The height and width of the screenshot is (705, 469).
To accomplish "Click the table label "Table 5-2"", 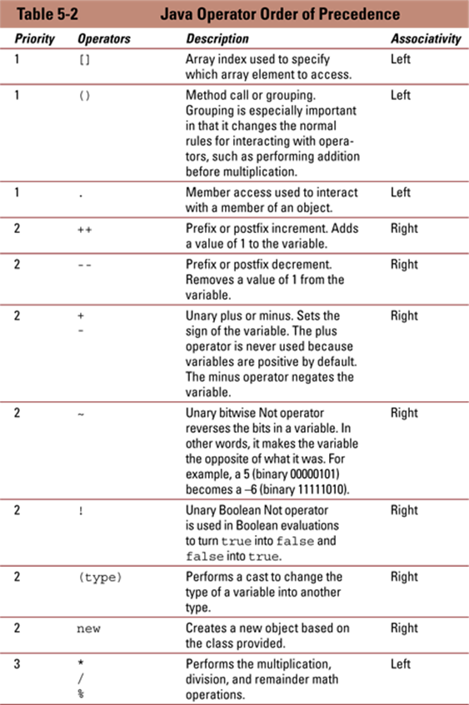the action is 47,14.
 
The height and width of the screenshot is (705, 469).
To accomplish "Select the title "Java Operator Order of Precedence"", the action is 280,14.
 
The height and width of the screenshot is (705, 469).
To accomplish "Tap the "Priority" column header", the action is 35,38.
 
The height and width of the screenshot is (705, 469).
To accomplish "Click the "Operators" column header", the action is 104,38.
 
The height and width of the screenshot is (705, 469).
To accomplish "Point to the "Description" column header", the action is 217,38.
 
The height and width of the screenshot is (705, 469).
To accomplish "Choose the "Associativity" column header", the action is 426,38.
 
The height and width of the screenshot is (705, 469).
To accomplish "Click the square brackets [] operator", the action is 85,59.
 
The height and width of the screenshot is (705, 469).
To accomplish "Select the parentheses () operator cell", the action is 85,96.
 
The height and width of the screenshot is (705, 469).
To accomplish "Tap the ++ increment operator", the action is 85,230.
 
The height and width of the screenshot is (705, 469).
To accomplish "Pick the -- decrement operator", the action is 85,266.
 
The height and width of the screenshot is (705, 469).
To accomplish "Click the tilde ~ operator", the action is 81,415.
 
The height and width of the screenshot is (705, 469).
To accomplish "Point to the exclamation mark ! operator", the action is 81,511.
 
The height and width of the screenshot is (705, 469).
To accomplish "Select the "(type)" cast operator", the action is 100,578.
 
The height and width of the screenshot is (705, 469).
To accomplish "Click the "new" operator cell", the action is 88,629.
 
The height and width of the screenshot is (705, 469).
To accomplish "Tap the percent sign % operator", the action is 81,693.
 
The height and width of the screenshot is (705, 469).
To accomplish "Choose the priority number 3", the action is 17,664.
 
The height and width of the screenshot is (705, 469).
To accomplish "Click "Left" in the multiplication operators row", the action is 401,664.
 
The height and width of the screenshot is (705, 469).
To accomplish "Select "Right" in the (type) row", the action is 404,578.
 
